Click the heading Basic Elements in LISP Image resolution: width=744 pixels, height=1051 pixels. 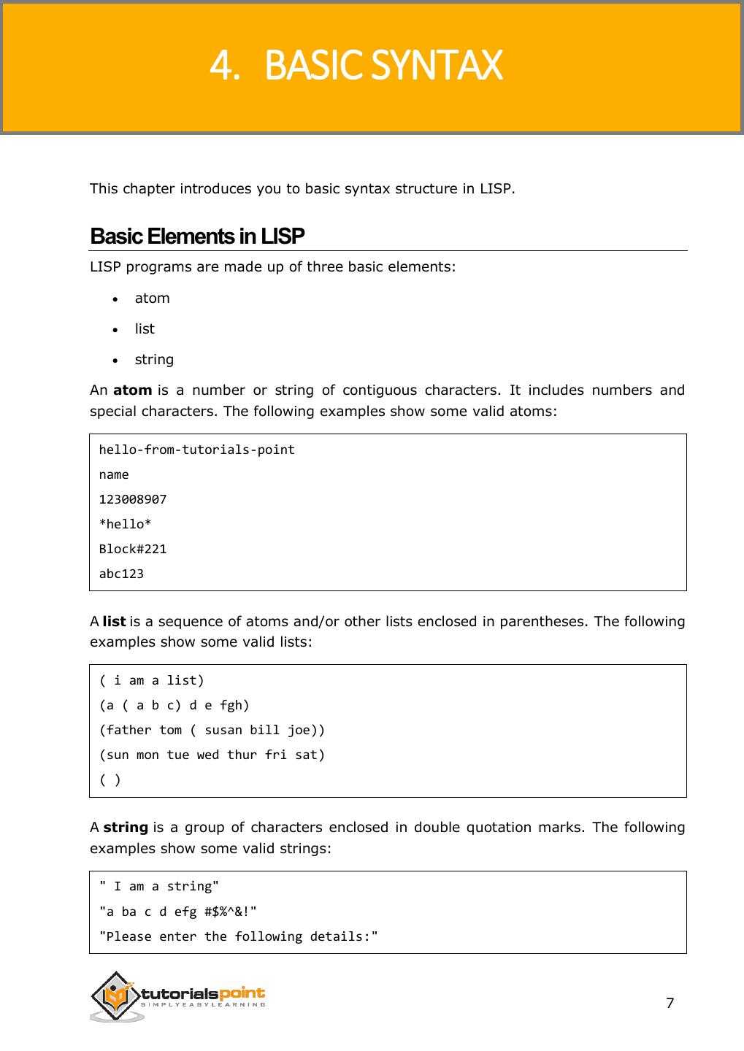[197, 236]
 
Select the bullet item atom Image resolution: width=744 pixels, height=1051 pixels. [152, 298]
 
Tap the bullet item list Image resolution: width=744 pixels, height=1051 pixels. [145, 328]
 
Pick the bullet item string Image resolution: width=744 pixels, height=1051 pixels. [154, 359]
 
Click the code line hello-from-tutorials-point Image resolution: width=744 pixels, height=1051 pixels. [196, 450]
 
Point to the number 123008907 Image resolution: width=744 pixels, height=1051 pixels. [133, 499]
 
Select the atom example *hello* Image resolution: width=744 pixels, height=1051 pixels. [126, 524]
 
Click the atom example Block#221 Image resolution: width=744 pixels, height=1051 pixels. [133, 549]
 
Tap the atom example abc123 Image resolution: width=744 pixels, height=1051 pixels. [121, 574]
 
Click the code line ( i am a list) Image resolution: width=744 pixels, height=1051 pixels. [152, 680]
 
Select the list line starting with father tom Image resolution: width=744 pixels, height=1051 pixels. [212, 730]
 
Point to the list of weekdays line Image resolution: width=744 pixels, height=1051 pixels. [212, 755]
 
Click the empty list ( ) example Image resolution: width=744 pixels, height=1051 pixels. [110, 779]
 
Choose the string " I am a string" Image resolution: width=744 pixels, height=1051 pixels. [159, 886]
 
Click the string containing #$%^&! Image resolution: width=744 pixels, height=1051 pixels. [177, 912]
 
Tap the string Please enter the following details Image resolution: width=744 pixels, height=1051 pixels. [238, 936]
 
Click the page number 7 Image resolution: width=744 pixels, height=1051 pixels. [670, 1003]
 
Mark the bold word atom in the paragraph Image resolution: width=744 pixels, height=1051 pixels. [132, 390]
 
